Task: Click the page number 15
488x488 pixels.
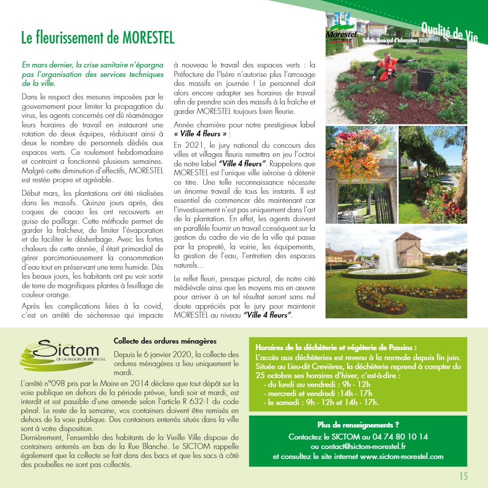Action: coord(464,476)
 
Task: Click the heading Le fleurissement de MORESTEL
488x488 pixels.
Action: coord(98,38)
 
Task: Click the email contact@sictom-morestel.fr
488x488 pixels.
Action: coord(358,447)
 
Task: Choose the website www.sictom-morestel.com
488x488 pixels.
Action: coord(402,457)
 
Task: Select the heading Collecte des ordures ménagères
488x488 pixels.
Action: coord(165,342)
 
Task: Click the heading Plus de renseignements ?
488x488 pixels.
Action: coord(358,426)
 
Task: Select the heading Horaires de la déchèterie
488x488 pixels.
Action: coord(336,348)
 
